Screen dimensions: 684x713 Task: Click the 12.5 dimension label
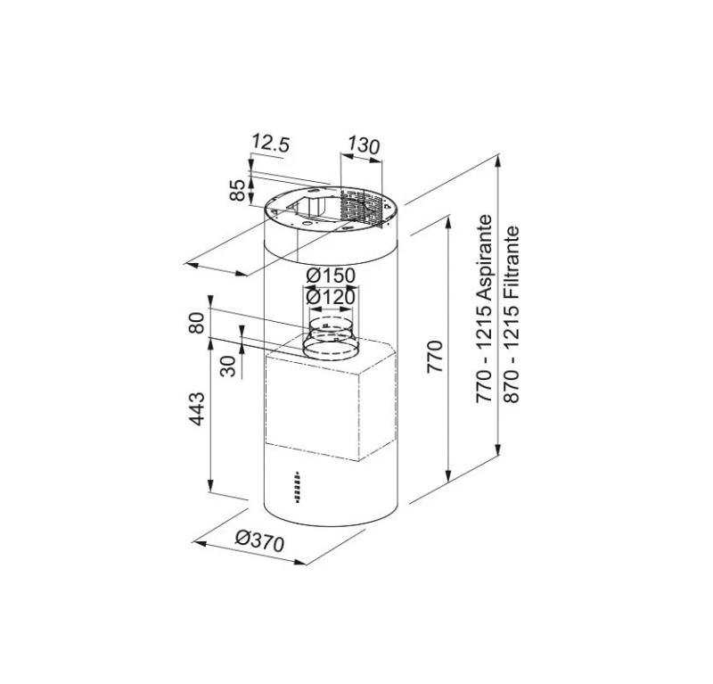(271, 142)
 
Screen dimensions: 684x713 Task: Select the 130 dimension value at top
(364, 144)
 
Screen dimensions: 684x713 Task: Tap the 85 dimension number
(238, 190)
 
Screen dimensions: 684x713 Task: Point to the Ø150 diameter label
(331, 276)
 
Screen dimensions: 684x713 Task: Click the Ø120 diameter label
(331, 296)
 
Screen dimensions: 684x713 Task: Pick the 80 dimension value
(198, 322)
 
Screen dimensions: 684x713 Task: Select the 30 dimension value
(229, 367)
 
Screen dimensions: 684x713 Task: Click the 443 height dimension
(198, 409)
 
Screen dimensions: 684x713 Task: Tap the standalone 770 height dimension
(435, 357)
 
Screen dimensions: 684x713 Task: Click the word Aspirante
(485, 255)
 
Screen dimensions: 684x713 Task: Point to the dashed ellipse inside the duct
(331, 323)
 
